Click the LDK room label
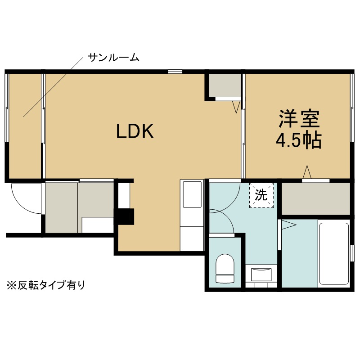[135, 131]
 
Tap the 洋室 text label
[298, 118]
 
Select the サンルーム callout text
[113, 58]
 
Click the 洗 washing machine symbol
[261, 195]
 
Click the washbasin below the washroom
[261, 274]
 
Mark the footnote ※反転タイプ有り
[45, 285]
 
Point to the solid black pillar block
[126, 216]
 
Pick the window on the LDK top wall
[175, 71]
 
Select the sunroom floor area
[24, 126]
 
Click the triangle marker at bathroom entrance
[288, 225]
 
